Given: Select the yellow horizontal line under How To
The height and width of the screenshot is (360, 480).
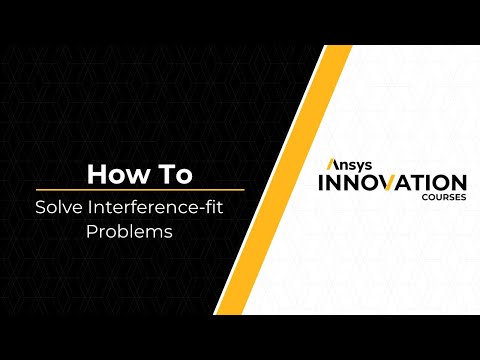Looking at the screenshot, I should coord(140,190).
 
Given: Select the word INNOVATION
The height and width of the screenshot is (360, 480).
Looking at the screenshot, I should coord(391,184).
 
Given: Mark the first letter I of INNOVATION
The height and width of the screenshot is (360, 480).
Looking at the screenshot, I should coord(319,184).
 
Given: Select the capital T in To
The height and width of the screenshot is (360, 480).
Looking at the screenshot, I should coord(160,174).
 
